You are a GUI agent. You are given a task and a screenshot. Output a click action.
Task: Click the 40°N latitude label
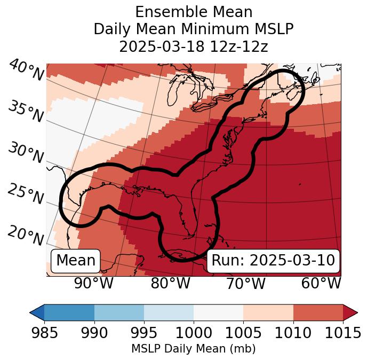pyautogui.click(x=26, y=71)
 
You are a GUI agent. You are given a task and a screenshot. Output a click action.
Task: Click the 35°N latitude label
pyautogui.click(x=26, y=111)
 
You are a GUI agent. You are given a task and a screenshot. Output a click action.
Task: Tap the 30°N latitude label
pyautogui.click(x=26, y=153)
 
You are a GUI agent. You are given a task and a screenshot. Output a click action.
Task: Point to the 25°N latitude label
pyautogui.click(x=26, y=194)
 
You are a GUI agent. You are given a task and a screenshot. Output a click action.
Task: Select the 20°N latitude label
pyautogui.click(x=26, y=235)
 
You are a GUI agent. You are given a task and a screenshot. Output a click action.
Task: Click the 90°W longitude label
pyautogui.click(x=93, y=283)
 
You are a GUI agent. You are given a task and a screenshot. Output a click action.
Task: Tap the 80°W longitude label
pyautogui.click(x=170, y=283)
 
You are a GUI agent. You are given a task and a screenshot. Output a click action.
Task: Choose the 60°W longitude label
pyautogui.click(x=321, y=283)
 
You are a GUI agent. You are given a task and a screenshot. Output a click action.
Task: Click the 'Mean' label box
pyautogui.click(x=76, y=261)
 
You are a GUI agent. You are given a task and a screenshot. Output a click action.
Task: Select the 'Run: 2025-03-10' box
pyautogui.click(x=273, y=261)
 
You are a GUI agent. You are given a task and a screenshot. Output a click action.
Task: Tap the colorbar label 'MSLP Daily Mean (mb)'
pyautogui.click(x=193, y=349)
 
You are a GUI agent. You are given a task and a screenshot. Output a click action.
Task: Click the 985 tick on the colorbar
pyautogui.click(x=44, y=333)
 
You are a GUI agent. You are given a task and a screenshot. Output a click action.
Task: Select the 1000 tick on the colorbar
pyautogui.click(x=194, y=333)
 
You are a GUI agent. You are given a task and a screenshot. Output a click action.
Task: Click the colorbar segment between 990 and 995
pyautogui.click(x=119, y=312)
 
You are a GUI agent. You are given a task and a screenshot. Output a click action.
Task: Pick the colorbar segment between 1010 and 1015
pyautogui.click(x=318, y=312)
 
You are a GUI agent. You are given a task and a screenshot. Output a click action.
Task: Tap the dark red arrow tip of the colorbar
pyautogui.click(x=351, y=312)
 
